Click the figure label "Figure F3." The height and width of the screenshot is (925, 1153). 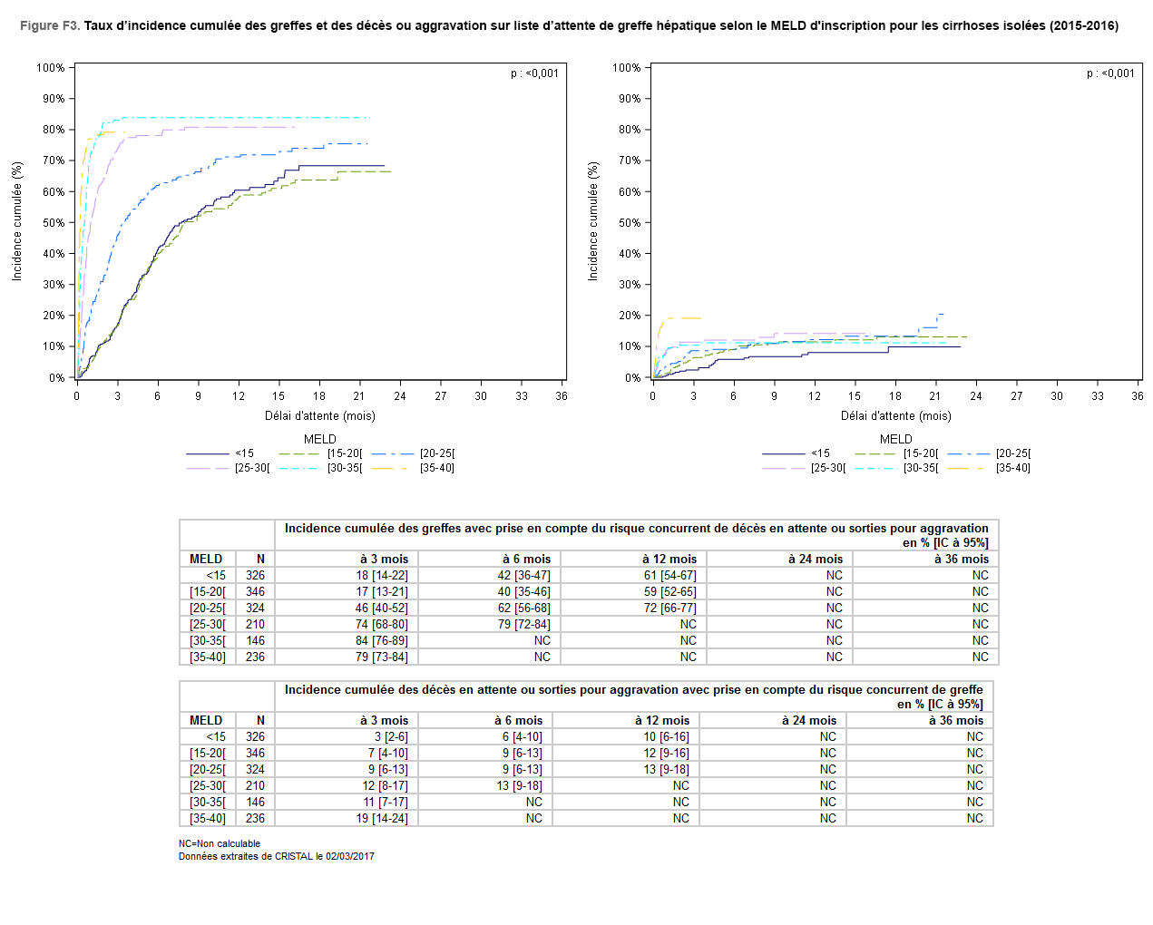point(50,25)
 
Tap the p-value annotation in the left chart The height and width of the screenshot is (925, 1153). point(534,73)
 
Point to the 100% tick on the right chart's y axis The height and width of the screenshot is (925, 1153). point(626,68)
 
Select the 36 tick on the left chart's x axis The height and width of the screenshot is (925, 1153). point(562,396)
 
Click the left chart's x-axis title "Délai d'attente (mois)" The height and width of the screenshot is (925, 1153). point(319,416)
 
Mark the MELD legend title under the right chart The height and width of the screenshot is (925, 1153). point(895,439)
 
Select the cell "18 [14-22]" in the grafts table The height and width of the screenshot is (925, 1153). point(382,576)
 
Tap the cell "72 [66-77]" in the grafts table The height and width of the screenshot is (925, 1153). point(670,609)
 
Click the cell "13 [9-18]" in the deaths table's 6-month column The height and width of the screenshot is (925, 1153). point(519,786)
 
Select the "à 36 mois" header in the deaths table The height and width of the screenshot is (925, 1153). point(955,721)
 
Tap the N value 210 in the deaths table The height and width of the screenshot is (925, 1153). point(255,786)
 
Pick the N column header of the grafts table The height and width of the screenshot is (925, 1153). point(260,560)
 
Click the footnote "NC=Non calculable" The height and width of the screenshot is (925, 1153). point(220,844)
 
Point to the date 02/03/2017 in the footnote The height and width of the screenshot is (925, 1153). point(350,857)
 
